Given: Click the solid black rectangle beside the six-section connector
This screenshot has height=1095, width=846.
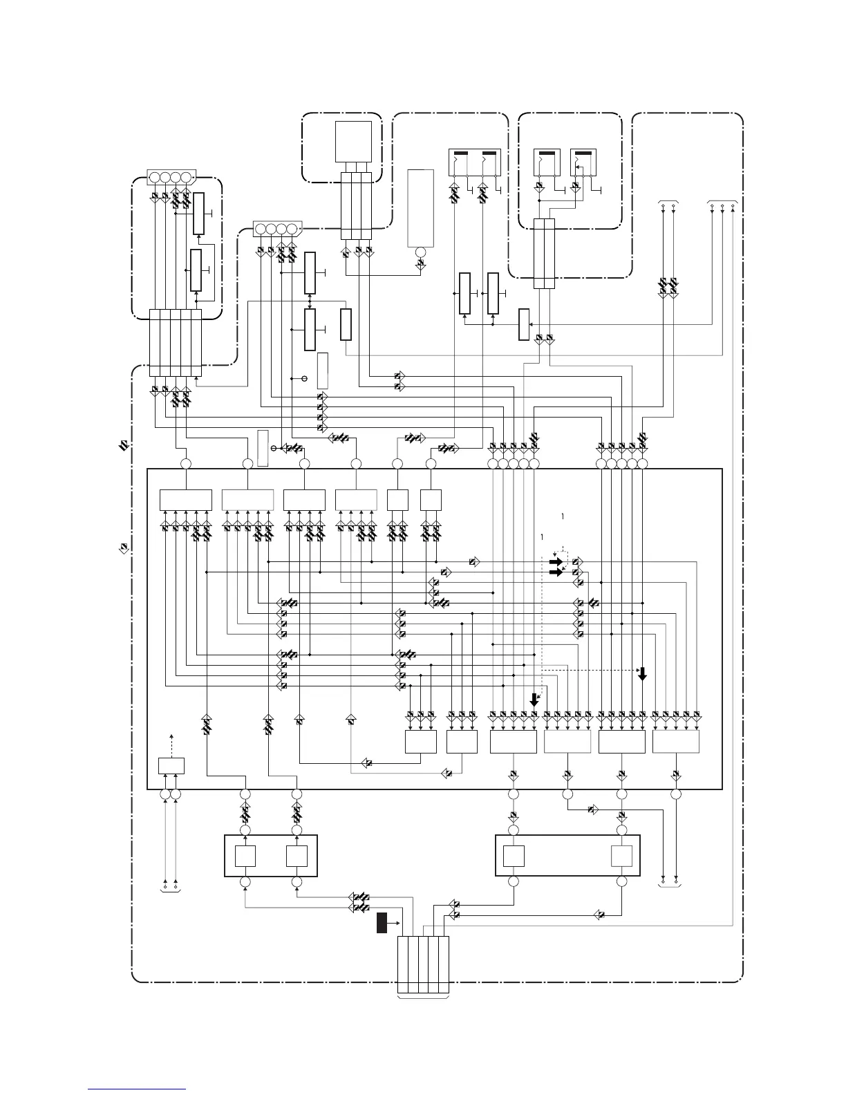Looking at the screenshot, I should (x=382, y=923).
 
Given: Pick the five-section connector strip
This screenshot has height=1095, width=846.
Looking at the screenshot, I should (x=176, y=343).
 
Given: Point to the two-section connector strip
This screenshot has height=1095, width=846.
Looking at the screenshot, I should (x=544, y=254).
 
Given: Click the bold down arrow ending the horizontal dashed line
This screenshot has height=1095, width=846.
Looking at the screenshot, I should (x=642, y=673).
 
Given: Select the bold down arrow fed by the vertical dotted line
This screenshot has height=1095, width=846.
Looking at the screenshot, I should (x=534, y=700).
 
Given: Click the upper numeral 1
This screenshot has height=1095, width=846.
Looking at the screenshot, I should (x=564, y=516).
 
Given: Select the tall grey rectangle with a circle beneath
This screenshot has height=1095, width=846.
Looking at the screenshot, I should (x=420, y=207).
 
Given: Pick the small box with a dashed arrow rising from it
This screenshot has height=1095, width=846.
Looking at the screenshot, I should (x=171, y=766).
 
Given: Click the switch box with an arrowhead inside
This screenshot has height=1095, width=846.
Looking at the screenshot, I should (x=582, y=164).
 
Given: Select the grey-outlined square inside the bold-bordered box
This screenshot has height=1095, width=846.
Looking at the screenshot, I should (x=621, y=856).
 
